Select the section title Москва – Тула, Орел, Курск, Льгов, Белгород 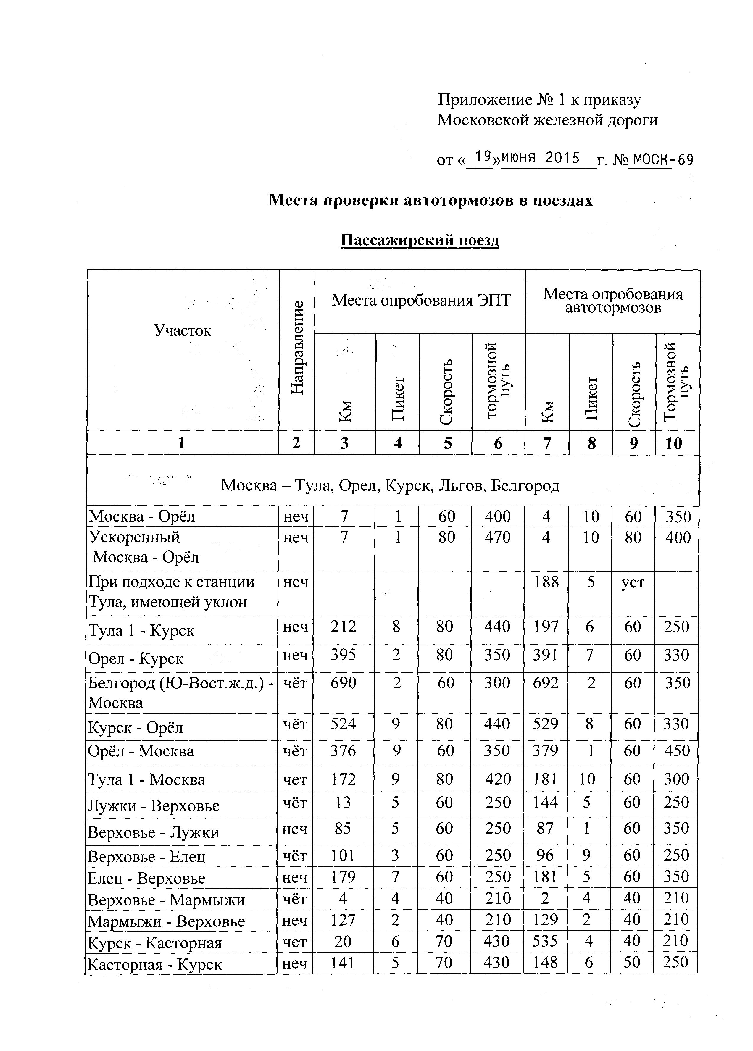(x=390, y=485)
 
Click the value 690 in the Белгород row (x=343, y=683)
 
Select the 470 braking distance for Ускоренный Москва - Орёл (x=497, y=537)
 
